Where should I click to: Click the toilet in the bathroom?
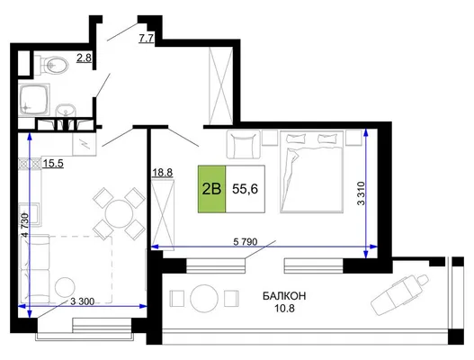(51, 65)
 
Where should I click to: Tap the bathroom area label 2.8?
(84, 58)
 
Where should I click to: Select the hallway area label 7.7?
(147, 39)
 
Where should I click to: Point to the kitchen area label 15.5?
(53, 164)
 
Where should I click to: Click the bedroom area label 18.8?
(162, 173)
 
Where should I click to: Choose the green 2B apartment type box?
(211, 189)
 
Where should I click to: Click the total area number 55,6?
(245, 189)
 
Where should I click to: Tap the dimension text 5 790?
(246, 242)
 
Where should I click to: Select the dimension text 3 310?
(362, 193)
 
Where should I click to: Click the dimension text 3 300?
(82, 301)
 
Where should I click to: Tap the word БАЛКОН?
(284, 296)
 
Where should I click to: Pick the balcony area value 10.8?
(284, 309)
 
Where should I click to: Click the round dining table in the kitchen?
(119, 213)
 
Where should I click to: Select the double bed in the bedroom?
(312, 172)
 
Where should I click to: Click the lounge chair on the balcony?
(399, 294)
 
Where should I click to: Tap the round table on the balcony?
(204, 298)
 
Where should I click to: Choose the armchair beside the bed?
(244, 144)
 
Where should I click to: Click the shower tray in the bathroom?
(34, 99)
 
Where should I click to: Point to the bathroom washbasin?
(66, 111)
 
